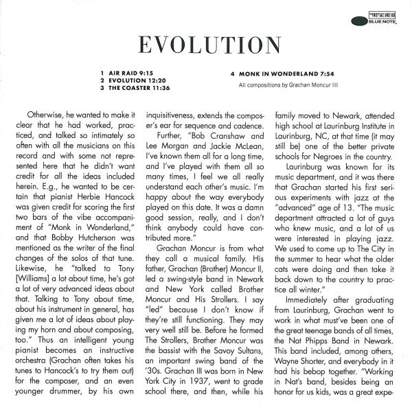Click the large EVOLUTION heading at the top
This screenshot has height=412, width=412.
click(206, 43)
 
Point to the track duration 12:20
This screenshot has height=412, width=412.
click(159, 80)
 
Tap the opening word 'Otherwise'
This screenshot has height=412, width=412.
click(47, 115)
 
